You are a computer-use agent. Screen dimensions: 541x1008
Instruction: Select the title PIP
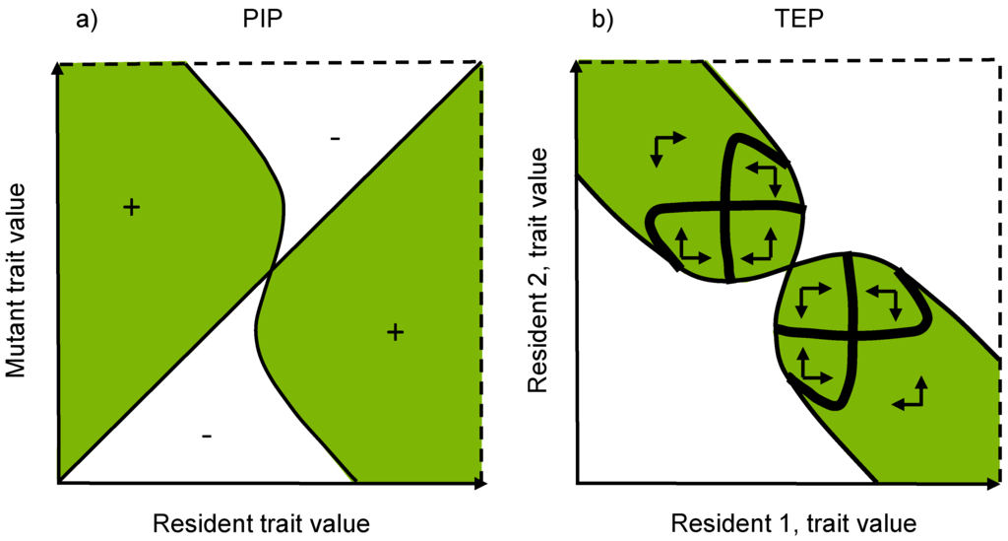263,21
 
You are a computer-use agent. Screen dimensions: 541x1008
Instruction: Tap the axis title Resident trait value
261,522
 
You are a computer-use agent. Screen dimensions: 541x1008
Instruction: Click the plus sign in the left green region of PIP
131,207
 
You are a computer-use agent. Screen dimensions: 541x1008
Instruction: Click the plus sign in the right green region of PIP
395,332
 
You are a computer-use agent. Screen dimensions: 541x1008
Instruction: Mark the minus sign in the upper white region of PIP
336,140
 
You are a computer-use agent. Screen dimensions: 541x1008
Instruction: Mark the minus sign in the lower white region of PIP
206,436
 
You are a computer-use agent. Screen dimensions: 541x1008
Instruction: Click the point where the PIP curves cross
271,269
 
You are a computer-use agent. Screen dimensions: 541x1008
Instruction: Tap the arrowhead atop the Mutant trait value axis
59,68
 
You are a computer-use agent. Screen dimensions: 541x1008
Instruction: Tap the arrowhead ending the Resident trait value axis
481,484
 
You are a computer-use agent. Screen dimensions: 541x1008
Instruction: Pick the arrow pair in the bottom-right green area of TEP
913,393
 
